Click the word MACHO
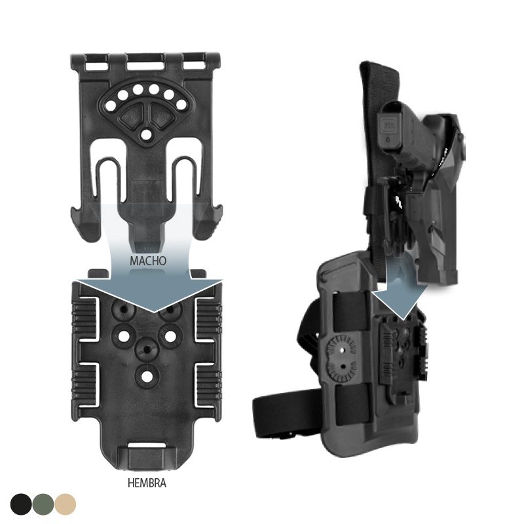(148, 261)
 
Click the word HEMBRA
(147, 483)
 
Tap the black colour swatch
(21, 504)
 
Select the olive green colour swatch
(43, 504)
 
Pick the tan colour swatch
(65, 504)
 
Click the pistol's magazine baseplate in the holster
(390, 128)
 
